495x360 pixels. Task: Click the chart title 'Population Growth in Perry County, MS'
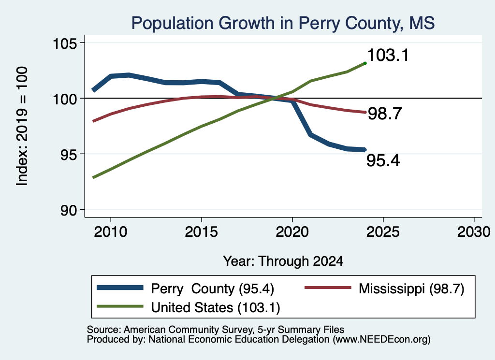pos(283,24)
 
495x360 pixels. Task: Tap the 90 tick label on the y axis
pos(69,210)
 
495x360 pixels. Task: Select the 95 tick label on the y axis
pos(69,155)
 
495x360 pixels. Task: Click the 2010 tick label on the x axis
pos(111,232)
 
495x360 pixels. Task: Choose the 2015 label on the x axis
pos(201,232)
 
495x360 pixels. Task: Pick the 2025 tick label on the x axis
pos(383,232)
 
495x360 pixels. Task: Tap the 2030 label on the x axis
pos(474,232)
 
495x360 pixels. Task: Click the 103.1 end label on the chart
pos(388,55)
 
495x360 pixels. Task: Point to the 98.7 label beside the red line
pos(385,113)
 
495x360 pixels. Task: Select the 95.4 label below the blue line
pos(383,160)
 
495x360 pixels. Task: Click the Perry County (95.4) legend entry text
pos(213,288)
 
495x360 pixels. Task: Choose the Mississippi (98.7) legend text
pos(411,288)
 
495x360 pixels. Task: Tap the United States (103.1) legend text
pos(216,308)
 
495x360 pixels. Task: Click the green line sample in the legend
pos(120,306)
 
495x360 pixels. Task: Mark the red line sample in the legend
pos(328,288)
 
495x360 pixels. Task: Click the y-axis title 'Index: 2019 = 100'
pos(22,126)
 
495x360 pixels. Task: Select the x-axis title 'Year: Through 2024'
pos(283,261)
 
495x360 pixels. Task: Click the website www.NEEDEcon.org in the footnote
pos(381,340)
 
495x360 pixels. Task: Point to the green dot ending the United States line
pos(365,63)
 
